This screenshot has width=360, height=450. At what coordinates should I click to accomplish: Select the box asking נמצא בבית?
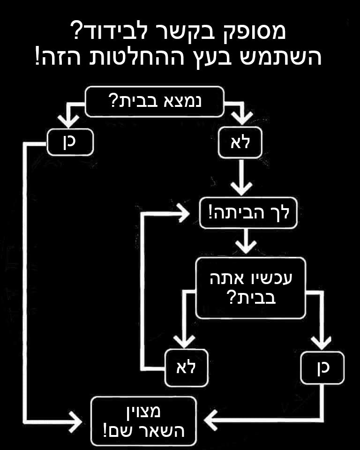(155, 101)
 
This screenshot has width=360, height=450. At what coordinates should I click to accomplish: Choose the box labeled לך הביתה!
(249, 214)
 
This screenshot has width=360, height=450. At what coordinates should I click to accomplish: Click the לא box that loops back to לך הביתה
(185, 367)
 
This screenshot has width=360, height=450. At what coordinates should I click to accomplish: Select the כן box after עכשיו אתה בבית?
(322, 367)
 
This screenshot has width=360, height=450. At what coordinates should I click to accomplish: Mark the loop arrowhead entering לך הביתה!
(186, 215)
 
